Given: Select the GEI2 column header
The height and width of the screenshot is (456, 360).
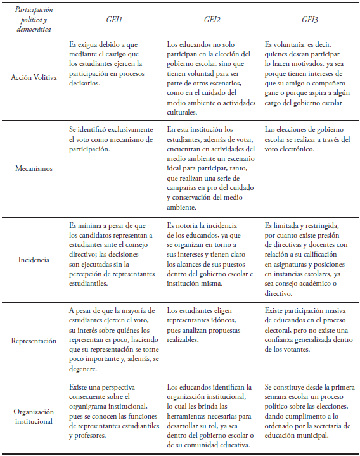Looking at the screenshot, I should pyautogui.click(x=212, y=20).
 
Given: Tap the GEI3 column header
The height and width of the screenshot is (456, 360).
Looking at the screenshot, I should pyautogui.click(x=309, y=20).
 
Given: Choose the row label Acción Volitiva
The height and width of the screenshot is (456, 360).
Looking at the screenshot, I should pyautogui.click(x=34, y=77).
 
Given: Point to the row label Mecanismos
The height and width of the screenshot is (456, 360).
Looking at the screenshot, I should pyautogui.click(x=34, y=170).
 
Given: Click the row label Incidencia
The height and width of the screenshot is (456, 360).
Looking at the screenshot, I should pyautogui.click(x=34, y=260).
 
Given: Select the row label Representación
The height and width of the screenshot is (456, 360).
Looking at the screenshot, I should pyautogui.click(x=34, y=340).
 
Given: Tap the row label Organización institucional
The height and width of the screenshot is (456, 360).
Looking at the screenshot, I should pyautogui.click(x=34, y=416).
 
